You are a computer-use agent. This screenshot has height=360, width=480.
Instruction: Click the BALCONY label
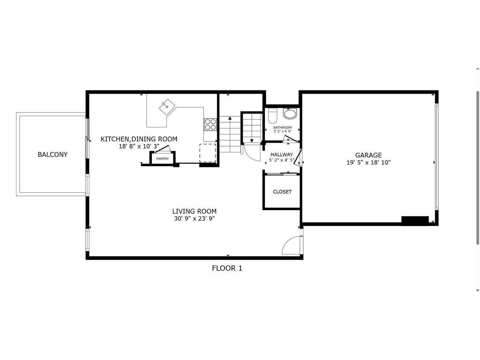52,154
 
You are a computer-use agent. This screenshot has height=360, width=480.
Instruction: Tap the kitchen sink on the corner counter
166,107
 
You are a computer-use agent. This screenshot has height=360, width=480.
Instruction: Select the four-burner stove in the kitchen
210,124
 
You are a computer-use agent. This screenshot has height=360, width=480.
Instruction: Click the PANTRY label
162,159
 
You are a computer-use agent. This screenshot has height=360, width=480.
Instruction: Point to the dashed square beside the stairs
208,152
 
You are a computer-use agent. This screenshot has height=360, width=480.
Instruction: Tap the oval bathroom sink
290,114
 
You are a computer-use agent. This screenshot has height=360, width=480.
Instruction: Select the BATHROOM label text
283,127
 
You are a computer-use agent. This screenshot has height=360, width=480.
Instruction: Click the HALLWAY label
281,154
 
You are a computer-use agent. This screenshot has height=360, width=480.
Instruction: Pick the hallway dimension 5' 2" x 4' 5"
281,160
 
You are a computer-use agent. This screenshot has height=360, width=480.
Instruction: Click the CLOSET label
282,192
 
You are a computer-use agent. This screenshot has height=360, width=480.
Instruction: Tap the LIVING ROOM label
194,211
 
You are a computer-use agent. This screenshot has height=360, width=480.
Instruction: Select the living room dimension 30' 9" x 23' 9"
194,218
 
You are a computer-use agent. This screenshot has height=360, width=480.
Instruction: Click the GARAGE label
368,155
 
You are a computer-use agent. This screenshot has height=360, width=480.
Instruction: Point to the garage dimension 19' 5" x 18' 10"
368,162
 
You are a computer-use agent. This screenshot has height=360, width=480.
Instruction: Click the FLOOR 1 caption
227,268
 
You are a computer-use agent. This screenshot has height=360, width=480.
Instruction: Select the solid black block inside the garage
415,220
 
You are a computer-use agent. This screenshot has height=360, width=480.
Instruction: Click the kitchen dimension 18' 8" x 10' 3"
139,146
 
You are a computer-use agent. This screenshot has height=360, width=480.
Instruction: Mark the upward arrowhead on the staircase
229,119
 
